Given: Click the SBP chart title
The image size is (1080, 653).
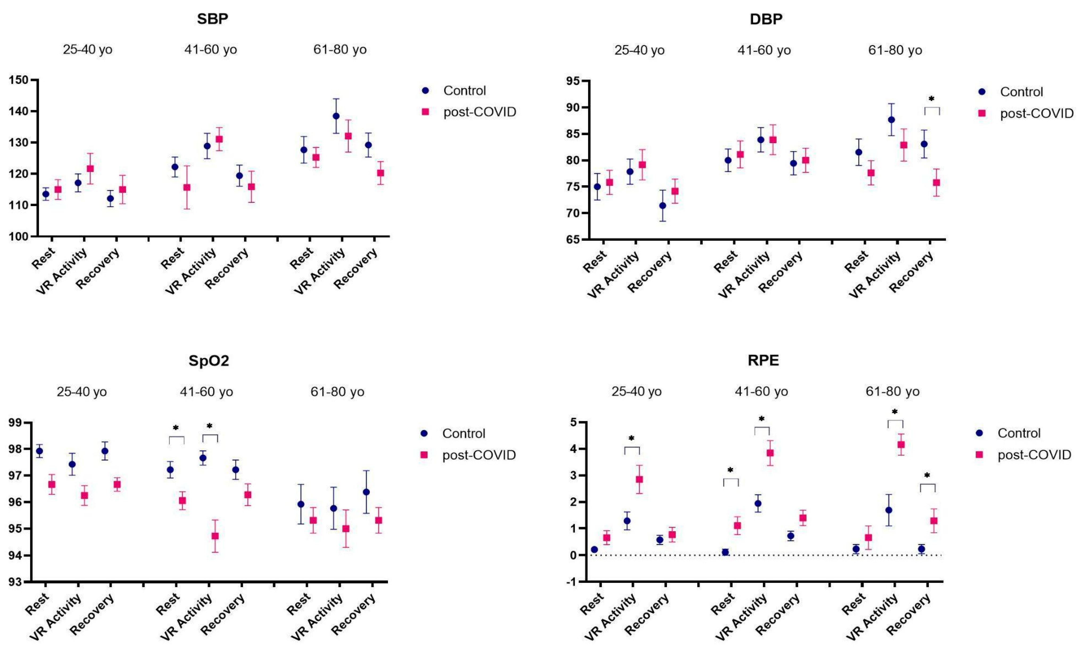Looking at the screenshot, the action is pyautogui.click(x=213, y=19).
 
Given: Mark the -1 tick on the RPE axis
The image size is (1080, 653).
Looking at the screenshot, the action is pyautogui.click(x=572, y=582).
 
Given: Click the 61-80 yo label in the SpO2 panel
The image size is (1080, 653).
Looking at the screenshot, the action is pyautogui.click(x=337, y=392).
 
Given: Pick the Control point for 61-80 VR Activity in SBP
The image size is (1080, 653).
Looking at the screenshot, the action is pyautogui.click(x=336, y=116).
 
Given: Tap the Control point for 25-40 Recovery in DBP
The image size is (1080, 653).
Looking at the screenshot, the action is pyautogui.click(x=663, y=206).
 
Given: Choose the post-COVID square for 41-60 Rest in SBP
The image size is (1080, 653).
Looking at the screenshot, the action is pyautogui.click(x=187, y=187).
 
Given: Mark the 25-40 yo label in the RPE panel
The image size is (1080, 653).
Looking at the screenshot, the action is pyautogui.click(x=636, y=392).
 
